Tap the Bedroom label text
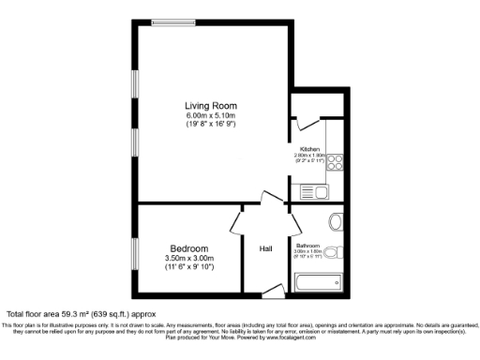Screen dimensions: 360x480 tap(189, 247)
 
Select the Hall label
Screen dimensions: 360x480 tap(265, 249)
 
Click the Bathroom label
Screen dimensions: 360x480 tap(308, 247)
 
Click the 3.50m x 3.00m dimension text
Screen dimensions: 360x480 tap(189, 258)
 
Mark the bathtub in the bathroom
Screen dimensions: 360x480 tap(320, 284)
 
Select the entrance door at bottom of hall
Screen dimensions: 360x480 tap(273, 292)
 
